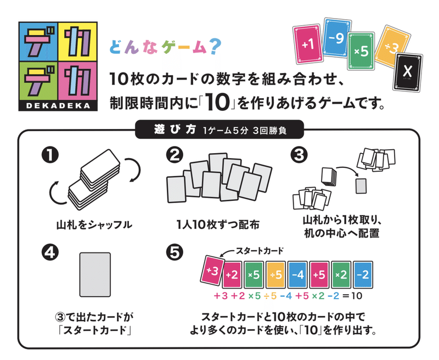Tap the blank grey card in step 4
[97, 274]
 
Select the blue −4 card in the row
[299, 275]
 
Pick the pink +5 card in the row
[321, 275]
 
